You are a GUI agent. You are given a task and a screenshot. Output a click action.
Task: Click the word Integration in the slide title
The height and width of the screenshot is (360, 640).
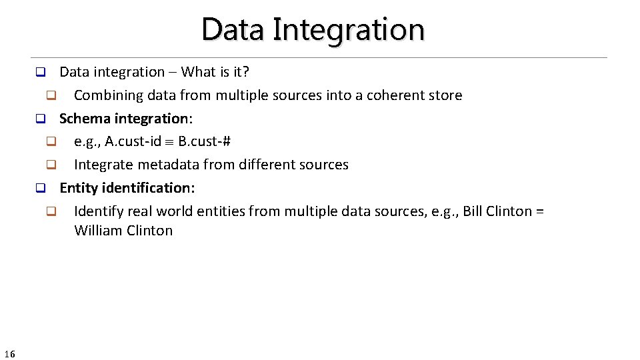click(x=349, y=30)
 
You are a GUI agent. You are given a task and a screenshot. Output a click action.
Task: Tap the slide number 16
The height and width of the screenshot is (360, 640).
click(x=9, y=353)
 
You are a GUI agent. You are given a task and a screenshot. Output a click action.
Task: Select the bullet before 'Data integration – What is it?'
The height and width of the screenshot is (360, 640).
click(x=39, y=72)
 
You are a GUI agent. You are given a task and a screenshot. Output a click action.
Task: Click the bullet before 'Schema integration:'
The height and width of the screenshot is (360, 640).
click(x=39, y=119)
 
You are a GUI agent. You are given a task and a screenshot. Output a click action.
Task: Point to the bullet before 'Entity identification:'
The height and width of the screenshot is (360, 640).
click(x=39, y=189)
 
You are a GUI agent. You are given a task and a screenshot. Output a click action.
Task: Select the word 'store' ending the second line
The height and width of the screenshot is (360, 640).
click(x=445, y=95)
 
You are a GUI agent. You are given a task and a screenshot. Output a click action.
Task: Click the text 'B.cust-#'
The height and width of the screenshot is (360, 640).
click(x=205, y=142)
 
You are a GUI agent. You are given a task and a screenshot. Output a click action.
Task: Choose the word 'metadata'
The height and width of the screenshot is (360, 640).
click(x=165, y=165)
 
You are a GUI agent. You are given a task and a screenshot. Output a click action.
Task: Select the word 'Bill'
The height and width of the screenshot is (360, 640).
click(x=473, y=211)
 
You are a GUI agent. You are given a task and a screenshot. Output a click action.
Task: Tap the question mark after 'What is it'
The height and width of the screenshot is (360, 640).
click(x=245, y=72)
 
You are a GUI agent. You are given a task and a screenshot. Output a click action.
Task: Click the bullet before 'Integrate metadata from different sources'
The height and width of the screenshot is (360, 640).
click(x=50, y=165)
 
